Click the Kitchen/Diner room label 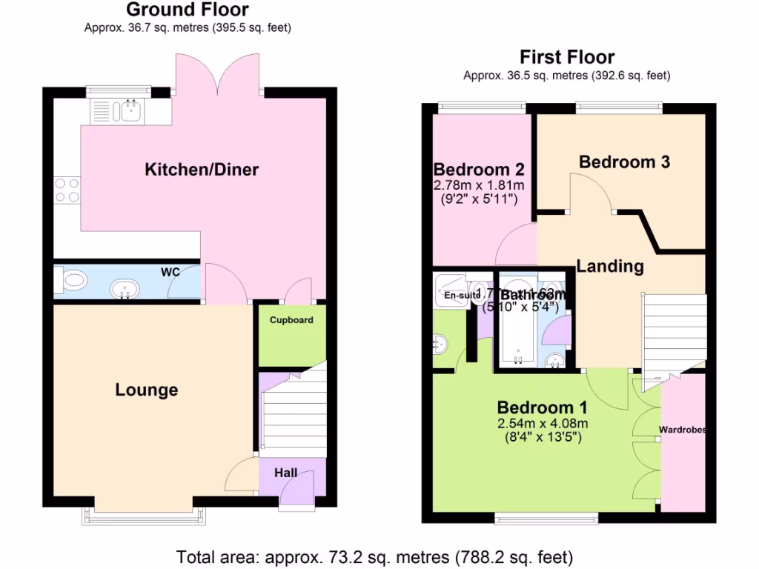tap(202, 170)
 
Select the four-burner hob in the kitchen tap(66, 190)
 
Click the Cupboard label tap(291, 320)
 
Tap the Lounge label tap(147, 390)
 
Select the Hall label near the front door tap(286, 473)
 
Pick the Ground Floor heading tap(188, 10)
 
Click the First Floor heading tap(567, 57)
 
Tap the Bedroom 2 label tap(479, 168)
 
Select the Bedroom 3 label tap(624, 162)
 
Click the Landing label tap(610, 266)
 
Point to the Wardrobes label tap(682, 430)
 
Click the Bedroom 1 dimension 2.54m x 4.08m tap(543, 424)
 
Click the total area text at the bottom tap(374, 556)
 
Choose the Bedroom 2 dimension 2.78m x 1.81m tap(479, 184)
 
